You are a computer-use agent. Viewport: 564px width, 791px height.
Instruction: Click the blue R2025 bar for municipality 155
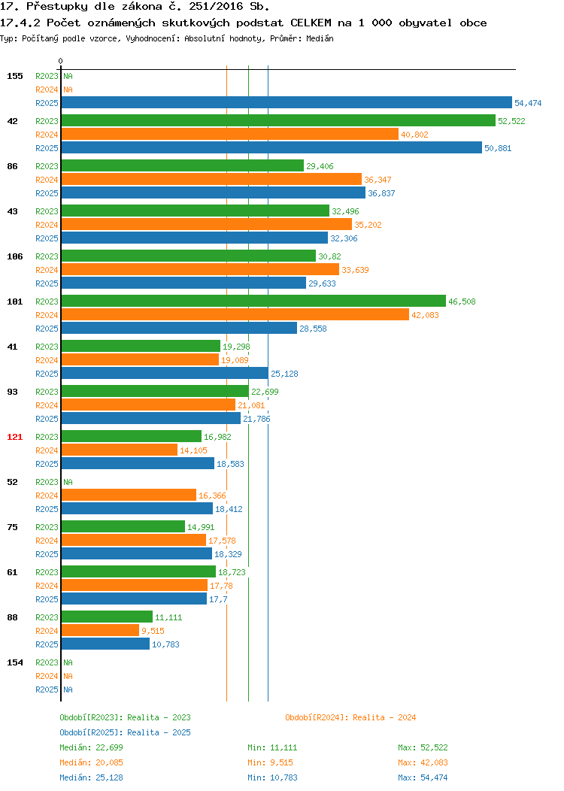pyautogui.click(x=287, y=102)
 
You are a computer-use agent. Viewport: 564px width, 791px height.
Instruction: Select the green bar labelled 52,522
pyautogui.click(x=278, y=120)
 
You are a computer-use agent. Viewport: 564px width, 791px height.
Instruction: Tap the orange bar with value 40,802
pyautogui.click(x=230, y=134)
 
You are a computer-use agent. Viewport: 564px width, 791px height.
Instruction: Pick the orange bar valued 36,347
pyautogui.click(x=212, y=179)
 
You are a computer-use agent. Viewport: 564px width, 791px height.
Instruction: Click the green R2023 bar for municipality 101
pyautogui.click(x=253, y=302)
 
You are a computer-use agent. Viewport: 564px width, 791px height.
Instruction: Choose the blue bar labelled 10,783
pyautogui.click(x=105, y=644)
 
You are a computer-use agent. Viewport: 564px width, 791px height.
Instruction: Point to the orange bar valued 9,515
pyautogui.click(x=100, y=630)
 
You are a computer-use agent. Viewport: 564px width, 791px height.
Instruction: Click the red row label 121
pyautogui.click(x=14, y=437)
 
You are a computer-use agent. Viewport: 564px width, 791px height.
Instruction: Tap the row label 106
pyautogui.click(x=14, y=256)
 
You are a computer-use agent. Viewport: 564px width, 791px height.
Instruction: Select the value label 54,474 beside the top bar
pyautogui.click(x=528, y=103)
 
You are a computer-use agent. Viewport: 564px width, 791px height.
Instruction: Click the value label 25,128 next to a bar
pyautogui.click(x=284, y=374)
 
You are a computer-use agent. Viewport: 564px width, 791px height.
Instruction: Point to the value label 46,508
pyautogui.click(x=462, y=302)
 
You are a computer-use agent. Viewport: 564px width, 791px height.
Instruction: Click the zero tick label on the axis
pyautogui.click(x=61, y=61)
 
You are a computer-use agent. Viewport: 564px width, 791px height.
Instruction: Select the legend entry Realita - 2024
pyautogui.click(x=350, y=717)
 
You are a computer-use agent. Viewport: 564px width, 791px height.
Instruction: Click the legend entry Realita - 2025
pyautogui.click(x=125, y=732)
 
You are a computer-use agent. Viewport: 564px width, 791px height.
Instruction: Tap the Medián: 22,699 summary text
pyautogui.click(x=91, y=747)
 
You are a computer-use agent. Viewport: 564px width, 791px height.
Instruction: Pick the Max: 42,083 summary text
pyautogui.click(x=423, y=762)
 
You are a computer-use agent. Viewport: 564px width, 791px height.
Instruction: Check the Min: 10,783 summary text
pyautogui.click(x=272, y=778)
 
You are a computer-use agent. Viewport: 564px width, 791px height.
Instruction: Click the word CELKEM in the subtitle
pyautogui.click(x=311, y=23)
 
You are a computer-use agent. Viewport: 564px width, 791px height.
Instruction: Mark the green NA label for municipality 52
pyautogui.click(x=68, y=482)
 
